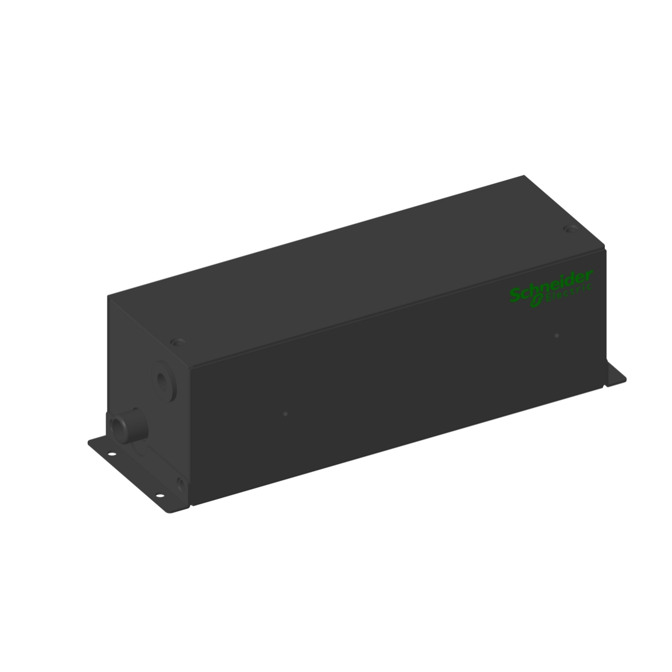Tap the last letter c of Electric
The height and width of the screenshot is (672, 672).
pyautogui.click(x=590, y=287)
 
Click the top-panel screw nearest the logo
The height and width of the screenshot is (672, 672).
pyautogui.click(x=570, y=229)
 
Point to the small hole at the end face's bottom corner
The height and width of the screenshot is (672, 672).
pyautogui.click(x=180, y=484)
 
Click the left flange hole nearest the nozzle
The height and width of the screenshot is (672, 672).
pyautogui.click(x=112, y=454)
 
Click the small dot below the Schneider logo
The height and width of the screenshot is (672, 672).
pyautogui.click(x=556, y=336)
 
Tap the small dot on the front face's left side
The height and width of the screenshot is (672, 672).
pyautogui.click(x=285, y=414)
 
